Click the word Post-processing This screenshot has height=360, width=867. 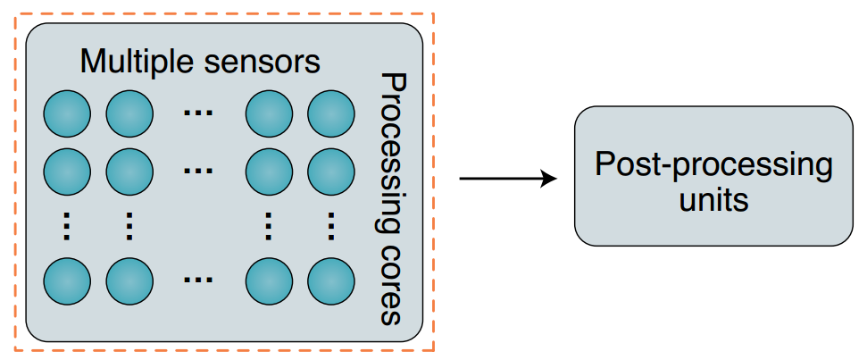coord(713,165)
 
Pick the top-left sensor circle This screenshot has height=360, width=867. coord(67,113)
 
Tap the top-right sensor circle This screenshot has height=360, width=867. coord(331,113)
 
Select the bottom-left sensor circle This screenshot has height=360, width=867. coord(67,280)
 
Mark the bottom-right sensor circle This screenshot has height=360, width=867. coord(331,280)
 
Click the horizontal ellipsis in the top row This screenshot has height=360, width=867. coord(197,113)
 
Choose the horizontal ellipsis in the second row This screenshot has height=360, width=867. coord(197,167)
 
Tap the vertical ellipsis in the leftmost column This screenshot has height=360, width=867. coord(67,225)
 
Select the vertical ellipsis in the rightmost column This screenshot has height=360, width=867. coord(331,225)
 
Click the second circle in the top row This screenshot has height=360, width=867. coord(130,113)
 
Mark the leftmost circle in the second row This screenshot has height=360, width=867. coord(67,169)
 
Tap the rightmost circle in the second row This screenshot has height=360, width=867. coord(331,169)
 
